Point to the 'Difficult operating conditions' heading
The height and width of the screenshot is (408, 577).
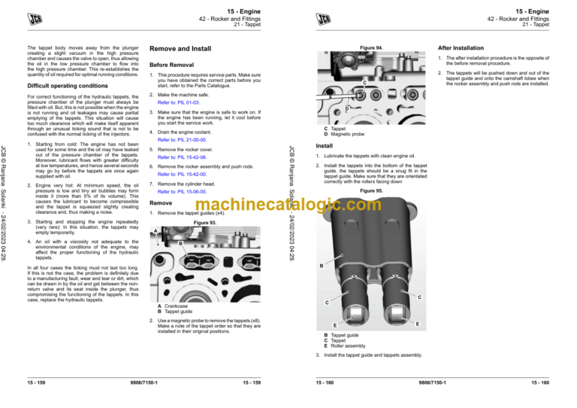coord(62,84)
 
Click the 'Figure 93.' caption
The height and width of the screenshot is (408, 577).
coord(205,224)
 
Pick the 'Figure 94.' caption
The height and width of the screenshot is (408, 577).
coord(371,48)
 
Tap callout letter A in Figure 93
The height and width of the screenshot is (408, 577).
coord(154,232)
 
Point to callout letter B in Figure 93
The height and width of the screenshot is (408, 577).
coord(181,243)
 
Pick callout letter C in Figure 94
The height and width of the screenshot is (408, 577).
coord(364,81)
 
